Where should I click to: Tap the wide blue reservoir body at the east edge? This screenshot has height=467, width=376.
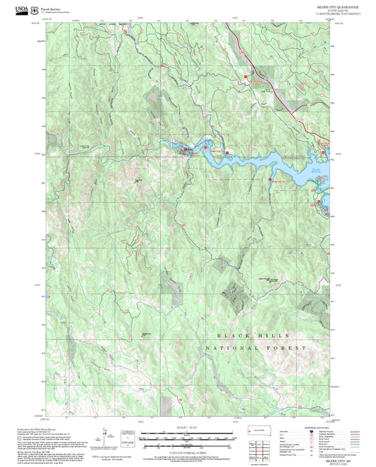(x=296, y=169)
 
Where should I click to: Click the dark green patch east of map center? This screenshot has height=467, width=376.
(x=233, y=291)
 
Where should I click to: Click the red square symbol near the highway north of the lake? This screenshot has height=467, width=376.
(x=246, y=76)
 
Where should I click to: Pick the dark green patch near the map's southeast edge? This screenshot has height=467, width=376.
(x=310, y=303)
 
